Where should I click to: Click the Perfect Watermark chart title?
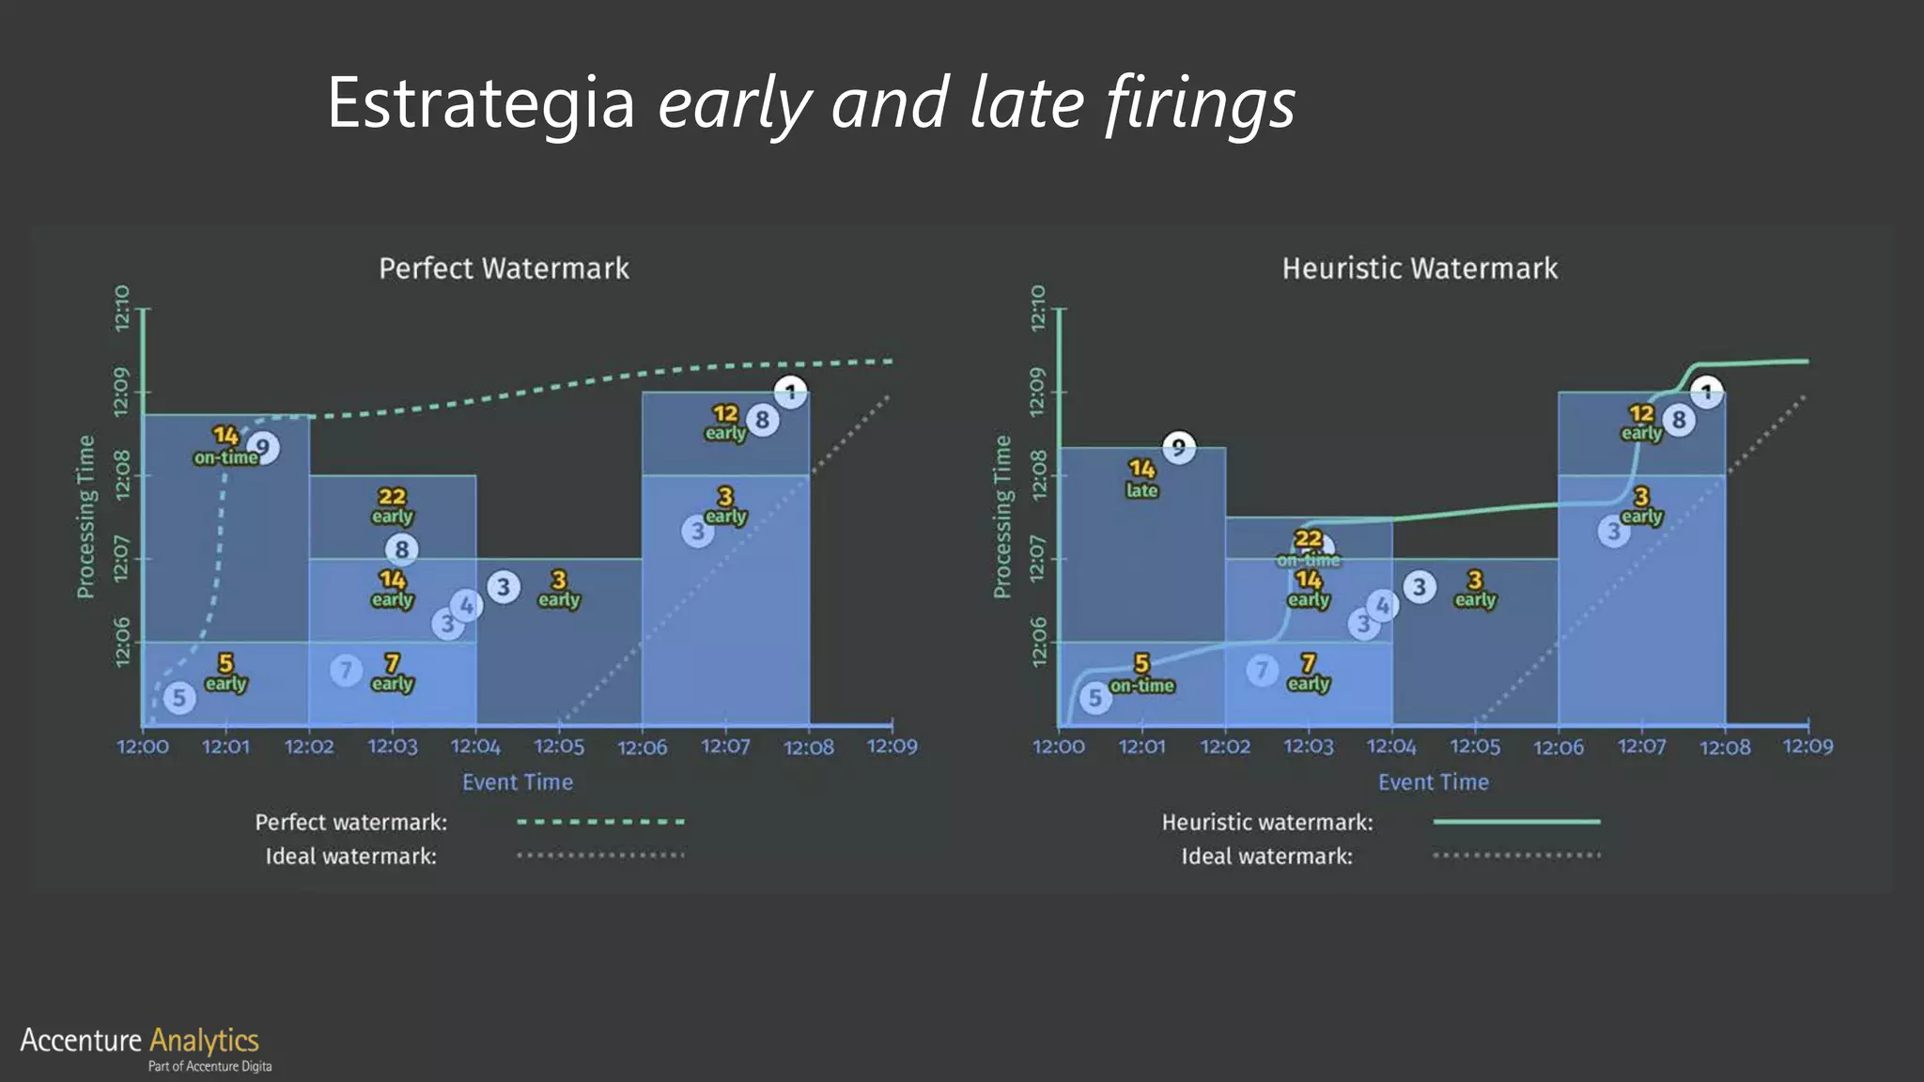coord(504,269)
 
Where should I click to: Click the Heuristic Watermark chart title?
coord(1420,269)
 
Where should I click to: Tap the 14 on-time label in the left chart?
coord(225,446)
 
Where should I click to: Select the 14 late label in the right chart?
coord(1141,478)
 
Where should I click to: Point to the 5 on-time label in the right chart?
coord(1141,674)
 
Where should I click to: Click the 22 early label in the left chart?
coord(392,505)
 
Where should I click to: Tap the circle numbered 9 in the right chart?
coord(1178,448)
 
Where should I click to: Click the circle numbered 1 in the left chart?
coord(791,392)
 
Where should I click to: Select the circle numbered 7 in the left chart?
coord(346,671)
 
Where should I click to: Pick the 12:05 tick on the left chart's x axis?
coord(559,747)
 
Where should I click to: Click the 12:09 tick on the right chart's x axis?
coord(1808,747)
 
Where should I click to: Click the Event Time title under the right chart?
coord(1433,782)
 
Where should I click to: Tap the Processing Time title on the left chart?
coord(85,517)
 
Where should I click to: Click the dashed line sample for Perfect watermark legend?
coord(600,822)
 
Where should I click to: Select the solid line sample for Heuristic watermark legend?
coord(1516,822)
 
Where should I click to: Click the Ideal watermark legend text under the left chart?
coord(350,857)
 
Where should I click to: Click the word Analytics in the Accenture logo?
coord(204,1041)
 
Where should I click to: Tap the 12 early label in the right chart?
coord(1640,422)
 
